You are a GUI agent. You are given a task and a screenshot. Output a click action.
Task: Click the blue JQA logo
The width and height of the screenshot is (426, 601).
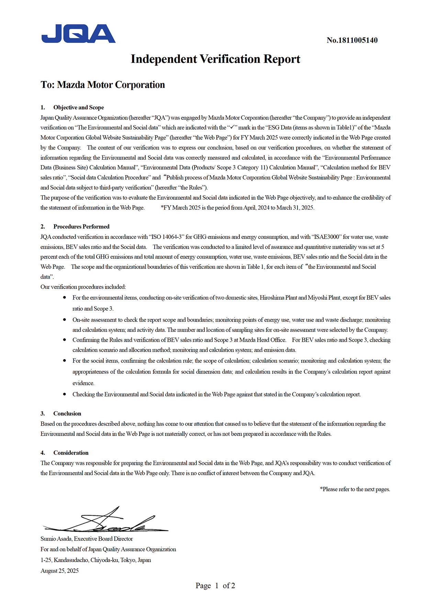[78, 34]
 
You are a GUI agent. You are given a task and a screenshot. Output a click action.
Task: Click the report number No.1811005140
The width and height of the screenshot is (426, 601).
[352, 40]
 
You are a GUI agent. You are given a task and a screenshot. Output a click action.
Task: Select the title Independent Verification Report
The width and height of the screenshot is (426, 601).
[215, 59]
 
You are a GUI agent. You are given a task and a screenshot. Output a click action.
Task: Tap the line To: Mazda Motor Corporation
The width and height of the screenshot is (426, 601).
[103, 85]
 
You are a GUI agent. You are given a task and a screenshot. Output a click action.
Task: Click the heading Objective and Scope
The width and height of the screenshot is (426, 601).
[78, 107]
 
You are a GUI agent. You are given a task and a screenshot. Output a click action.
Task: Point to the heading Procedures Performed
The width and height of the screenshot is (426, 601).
[81, 226]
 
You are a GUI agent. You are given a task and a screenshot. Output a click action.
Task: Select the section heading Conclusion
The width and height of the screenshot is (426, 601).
[67, 413]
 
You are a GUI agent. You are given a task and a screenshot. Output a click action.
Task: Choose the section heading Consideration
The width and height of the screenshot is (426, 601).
[71, 453]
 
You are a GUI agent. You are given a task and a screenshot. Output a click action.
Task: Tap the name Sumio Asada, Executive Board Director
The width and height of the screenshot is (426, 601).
[87, 539]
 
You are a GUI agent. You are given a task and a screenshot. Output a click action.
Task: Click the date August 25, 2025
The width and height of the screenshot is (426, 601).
[59, 571]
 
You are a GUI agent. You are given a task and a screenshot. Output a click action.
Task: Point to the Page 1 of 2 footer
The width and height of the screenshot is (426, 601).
[215, 586]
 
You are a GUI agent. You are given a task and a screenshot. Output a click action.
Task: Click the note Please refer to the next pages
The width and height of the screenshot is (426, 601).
[355, 489]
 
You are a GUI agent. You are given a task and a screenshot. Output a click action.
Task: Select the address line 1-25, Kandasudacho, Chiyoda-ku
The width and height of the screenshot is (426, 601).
[96, 560]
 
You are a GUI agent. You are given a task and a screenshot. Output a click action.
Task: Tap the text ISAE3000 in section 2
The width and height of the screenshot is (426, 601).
[326, 237]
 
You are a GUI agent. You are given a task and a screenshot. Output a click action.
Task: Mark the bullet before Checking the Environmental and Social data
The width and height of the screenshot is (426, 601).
[65, 394]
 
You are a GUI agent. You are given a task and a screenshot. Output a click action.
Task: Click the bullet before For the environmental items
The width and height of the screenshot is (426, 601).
[65, 298]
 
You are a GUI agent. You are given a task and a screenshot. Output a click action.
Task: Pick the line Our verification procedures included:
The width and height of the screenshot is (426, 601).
[83, 287]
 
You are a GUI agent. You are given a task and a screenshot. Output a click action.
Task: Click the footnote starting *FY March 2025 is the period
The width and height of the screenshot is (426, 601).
[237, 208]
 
